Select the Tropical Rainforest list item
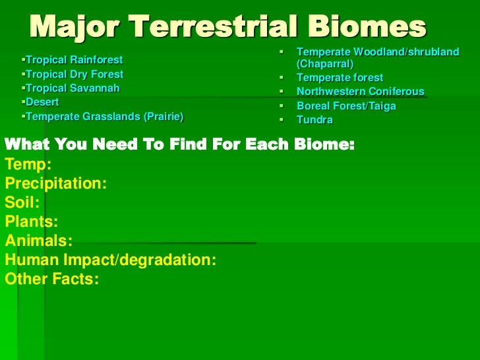pyautogui.click(x=74, y=61)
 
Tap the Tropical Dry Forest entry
pyautogui.click(x=74, y=75)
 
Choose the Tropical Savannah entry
pyautogui.click(x=73, y=88)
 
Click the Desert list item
pyautogui.click(x=42, y=102)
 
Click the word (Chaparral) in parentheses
pyautogui.click(x=325, y=64)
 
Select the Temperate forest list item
pyautogui.click(x=340, y=78)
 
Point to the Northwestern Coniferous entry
pyautogui.click(x=360, y=92)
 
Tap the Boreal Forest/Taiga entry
pyautogui.click(x=346, y=105)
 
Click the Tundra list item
pyautogui.click(x=315, y=120)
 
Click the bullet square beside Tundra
pyautogui.click(x=281, y=120)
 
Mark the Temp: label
pyautogui.click(x=28, y=164)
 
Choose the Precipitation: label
pyautogui.click(x=55, y=183)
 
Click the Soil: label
pyautogui.click(x=22, y=203)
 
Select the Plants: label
pyautogui.click(x=31, y=222)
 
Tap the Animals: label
pyautogui.click(x=38, y=241)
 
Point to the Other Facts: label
pyautogui.click(x=51, y=280)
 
